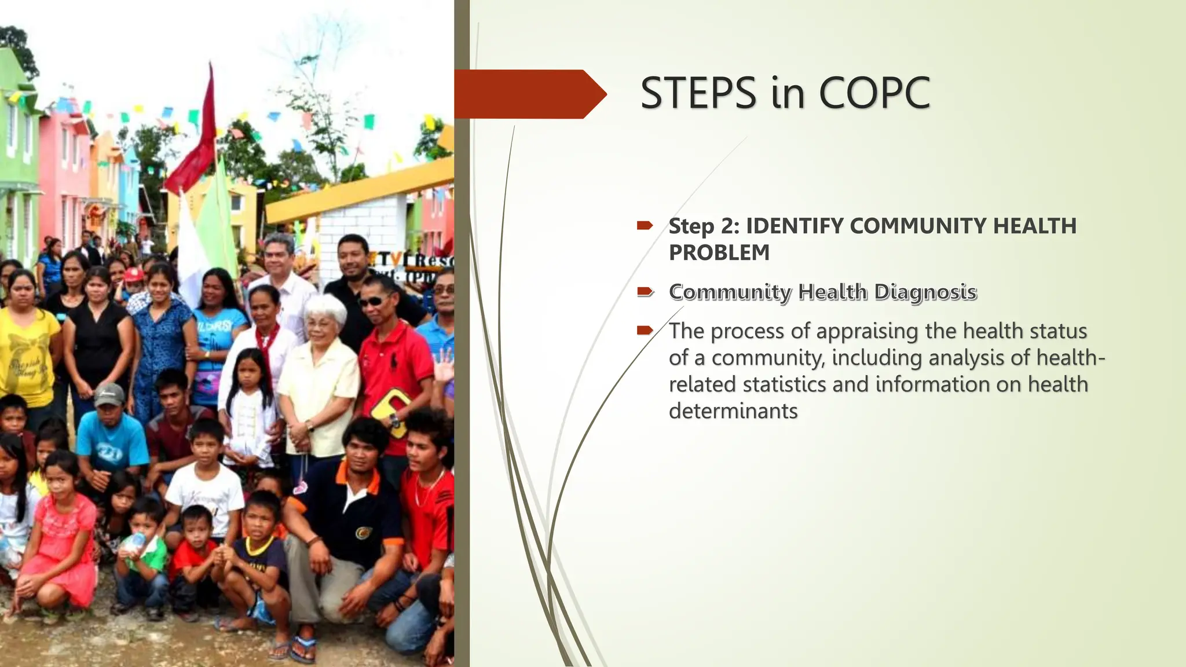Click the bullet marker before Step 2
[x=645, y=226]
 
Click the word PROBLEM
[x=719, y=252]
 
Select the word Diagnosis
[x=925, y=292]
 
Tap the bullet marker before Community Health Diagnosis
[x=645, y=292]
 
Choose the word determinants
[x=733, y=411]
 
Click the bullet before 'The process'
[x=645, y=331]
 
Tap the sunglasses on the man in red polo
[x=372, y=301]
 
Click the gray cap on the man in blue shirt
[x=110, y=394]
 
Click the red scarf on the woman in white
[x=269, y=342]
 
